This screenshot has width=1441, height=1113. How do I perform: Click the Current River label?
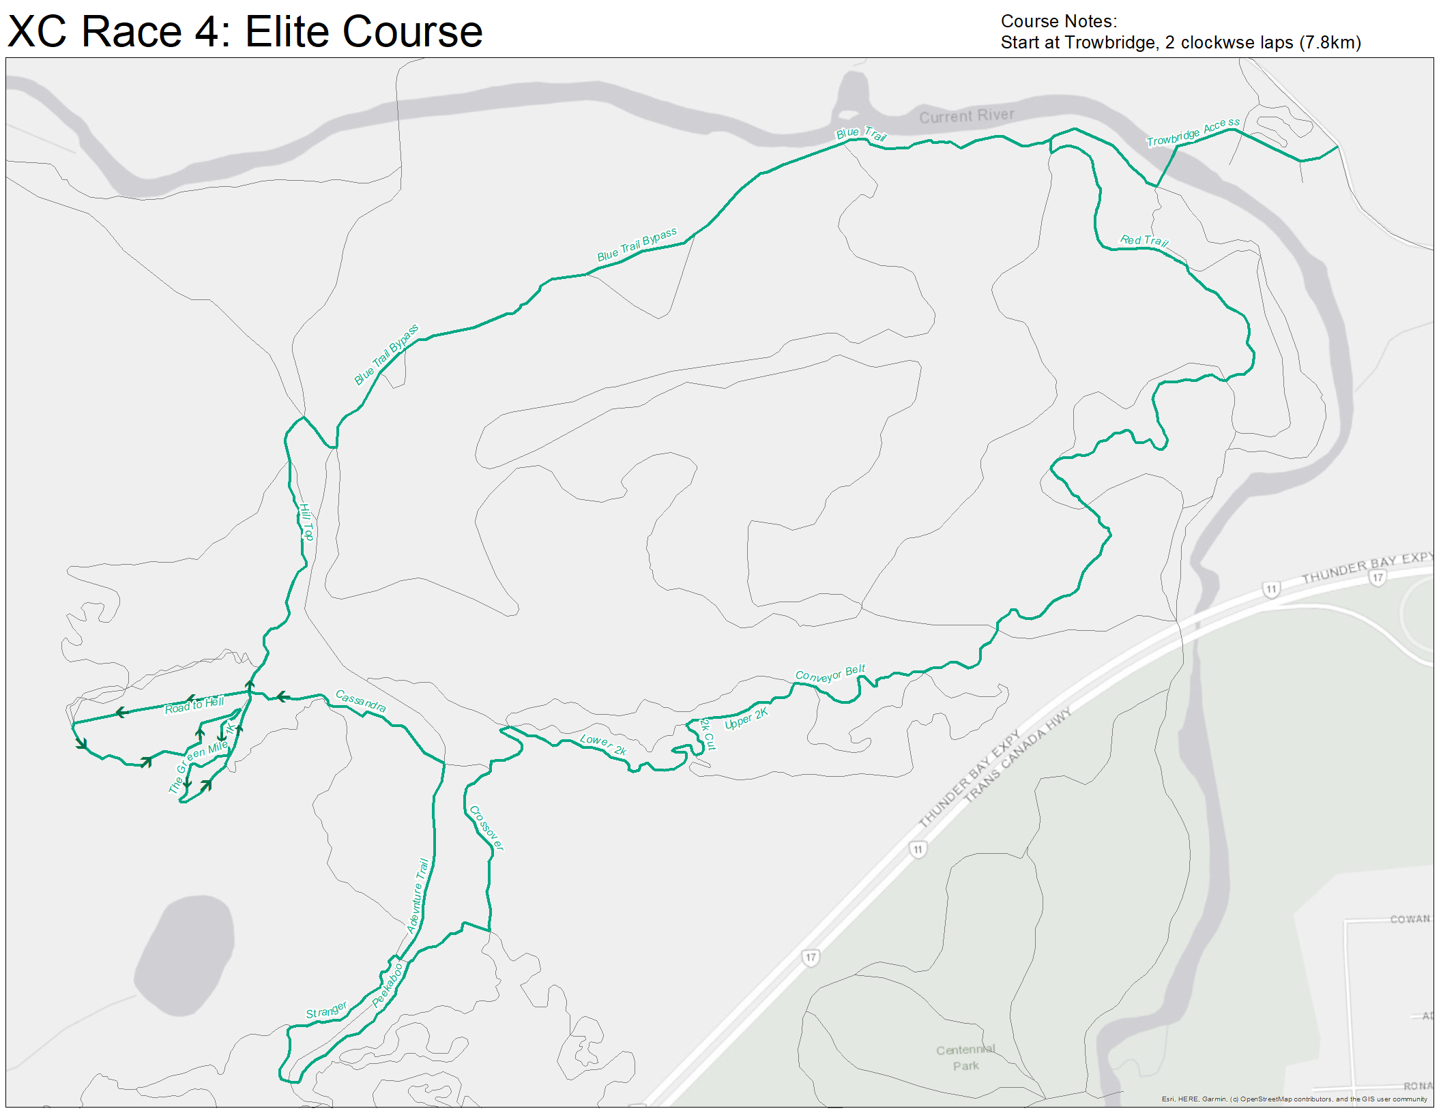coord(966,116)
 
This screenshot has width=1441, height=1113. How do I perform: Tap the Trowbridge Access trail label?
coord(1193,132)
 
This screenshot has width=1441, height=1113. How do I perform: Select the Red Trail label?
coord(1144,240)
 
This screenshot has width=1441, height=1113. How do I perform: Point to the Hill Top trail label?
coord(306,522)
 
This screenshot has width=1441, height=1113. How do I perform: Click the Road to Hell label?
coord(194,705)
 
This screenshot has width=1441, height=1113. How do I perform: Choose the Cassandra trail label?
coord(361,701)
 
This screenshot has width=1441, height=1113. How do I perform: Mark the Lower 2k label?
coord(603,744)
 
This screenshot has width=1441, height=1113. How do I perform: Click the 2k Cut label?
coord(708,734)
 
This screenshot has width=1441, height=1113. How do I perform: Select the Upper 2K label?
coord(746,718)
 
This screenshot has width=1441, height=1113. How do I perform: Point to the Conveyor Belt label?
coord(830,673)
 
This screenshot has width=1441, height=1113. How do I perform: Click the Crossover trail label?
coord(486,828)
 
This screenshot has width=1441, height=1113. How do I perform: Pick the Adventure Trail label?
coord(418,895)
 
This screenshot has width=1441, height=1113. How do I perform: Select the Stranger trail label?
coord(326,1010)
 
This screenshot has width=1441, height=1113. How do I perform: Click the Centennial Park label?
coord(965,1058)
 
